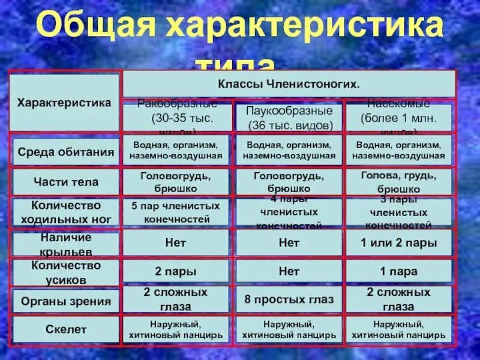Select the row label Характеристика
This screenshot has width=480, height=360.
pos(64,103)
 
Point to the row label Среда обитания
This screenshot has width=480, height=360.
pos(65,151)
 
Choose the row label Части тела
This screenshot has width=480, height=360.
pos(65,182)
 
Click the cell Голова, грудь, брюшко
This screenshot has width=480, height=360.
pos(398,182)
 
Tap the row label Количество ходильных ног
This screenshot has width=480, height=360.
pos(65,212)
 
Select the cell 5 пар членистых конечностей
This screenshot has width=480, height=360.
pos(176,212)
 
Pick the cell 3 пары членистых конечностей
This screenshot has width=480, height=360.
pos(398,212)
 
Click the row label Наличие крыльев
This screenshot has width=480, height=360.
pos(65,243)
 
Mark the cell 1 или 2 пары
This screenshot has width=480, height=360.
pos(398,243)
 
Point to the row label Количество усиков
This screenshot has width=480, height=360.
pos(65,272)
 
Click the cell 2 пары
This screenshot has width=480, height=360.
pos(176,272)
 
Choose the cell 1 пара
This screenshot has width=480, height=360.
pos(398,272)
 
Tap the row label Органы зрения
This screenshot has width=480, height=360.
pos(65,301)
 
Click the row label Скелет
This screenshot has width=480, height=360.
pos(65,329)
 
